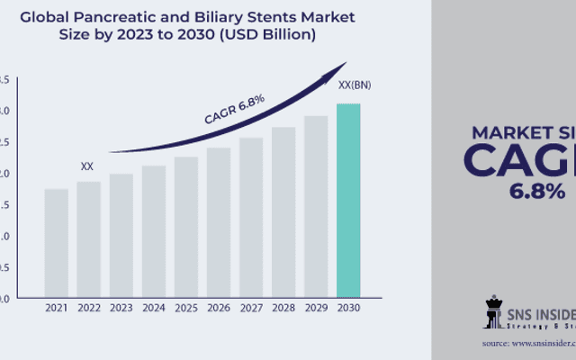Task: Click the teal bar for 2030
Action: point(348,200)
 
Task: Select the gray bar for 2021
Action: point(56,242)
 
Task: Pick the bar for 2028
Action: point(283,211)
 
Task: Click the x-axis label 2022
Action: point(88,309)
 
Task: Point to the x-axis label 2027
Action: point(251,309)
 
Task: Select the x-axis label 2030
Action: point(348,309)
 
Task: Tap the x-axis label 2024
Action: point(153,309)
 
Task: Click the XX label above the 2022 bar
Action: point(87,166)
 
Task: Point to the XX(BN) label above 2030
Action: point(352,85)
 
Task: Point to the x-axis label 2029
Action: point(316,309)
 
